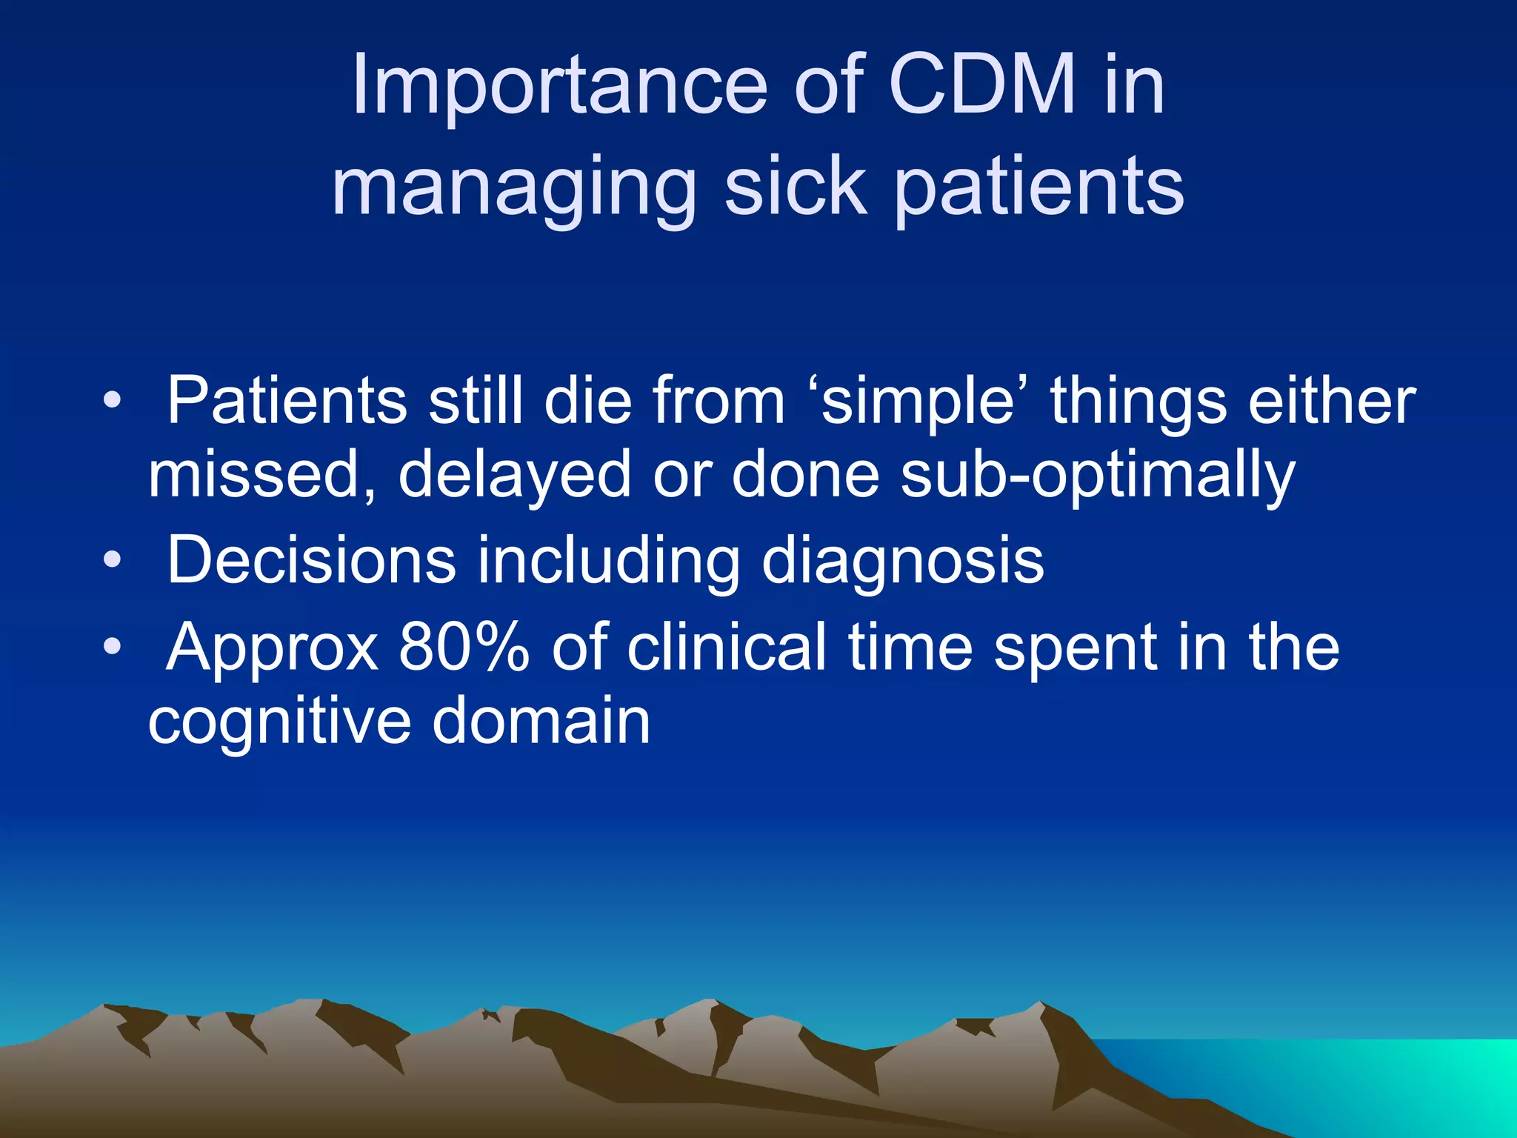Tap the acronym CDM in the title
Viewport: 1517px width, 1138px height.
[981, 86]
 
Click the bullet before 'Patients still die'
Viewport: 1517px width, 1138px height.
[112, 401]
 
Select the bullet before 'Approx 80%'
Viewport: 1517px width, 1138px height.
[112, 647]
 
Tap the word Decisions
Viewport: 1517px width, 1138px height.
[311, 561]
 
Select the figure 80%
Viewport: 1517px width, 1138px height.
[464, 648]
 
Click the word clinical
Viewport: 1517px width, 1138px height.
[726, 648]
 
